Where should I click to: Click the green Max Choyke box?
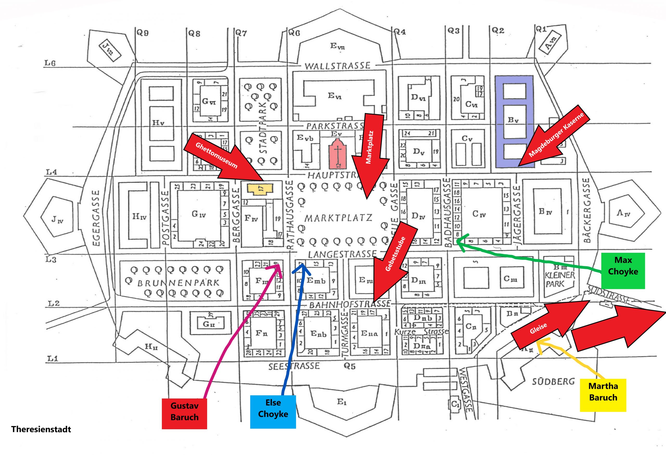[x=623, y=270]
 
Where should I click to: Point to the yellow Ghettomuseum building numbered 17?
[x=260, y=189]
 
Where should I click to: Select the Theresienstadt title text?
[x=41, y=429]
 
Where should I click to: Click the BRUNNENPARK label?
[x=178, y=283]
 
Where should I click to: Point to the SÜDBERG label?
[x=553, y=382]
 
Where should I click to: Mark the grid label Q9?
[x=142, y=33]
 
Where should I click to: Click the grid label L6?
[x=50, y=63]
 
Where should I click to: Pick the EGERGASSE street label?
[x=96, y=218]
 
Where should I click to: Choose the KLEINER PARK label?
[x=559, y=280]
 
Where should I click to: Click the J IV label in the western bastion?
[x=57, y=220]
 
